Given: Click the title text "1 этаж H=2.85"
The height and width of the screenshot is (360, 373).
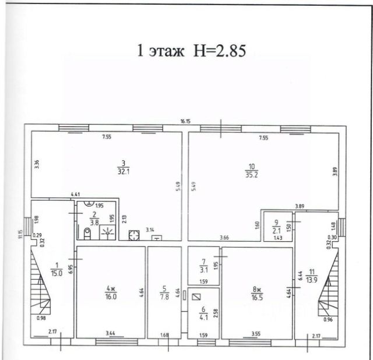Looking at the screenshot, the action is pos(192,50).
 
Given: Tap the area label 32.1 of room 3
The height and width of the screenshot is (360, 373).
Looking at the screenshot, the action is pos(122,172).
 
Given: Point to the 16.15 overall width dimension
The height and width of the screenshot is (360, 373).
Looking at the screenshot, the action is pos(186,122).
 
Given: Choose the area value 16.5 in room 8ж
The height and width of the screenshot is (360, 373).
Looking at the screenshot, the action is pos(256,297).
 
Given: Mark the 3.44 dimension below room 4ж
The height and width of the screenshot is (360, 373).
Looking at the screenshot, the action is pos(110,333).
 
